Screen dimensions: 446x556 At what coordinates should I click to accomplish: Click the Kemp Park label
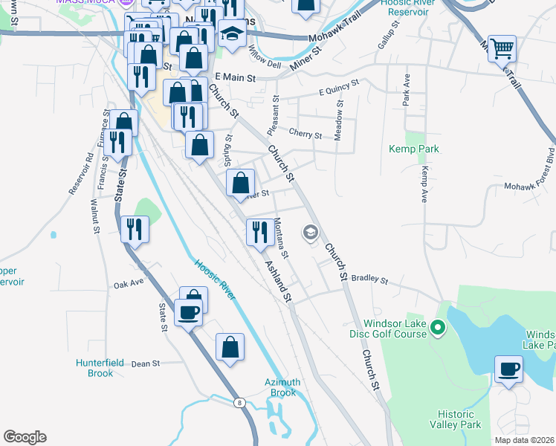(413, 149)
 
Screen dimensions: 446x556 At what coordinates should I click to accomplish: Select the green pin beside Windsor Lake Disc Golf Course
(438, 327)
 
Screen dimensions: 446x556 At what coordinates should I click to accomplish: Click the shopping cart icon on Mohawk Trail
(503, 50)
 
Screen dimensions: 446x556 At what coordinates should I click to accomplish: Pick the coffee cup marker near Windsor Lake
(509, 369)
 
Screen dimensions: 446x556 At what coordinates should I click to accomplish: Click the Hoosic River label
(214, 279)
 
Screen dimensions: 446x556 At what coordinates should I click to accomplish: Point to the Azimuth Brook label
(282, 387)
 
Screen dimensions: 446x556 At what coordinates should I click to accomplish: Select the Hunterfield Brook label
(105, 368)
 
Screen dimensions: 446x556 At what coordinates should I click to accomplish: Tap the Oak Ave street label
(129, 284)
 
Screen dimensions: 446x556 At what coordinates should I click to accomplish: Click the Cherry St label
(305, 135)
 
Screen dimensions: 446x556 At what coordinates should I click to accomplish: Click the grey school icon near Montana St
(309, 233)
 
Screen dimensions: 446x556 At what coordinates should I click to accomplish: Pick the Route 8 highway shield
(239, 402)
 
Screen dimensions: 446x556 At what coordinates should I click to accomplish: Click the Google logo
(25, 437)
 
